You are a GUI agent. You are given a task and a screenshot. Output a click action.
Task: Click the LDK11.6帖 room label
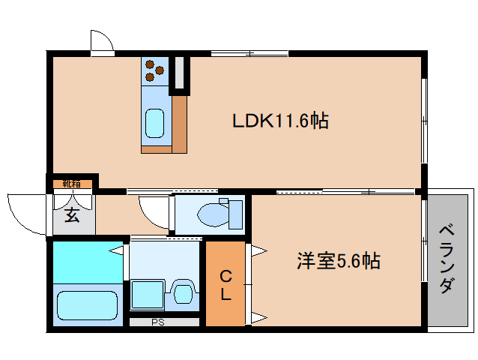280,121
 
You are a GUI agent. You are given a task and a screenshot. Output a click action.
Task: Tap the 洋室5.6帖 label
339,261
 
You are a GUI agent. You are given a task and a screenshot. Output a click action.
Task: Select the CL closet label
226,286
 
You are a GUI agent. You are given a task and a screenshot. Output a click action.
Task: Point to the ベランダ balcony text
447,259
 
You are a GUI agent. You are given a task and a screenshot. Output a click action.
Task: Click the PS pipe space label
158,322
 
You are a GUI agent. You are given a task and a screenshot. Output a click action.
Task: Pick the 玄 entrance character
72,215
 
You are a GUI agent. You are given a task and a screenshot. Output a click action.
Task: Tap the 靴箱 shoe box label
72,184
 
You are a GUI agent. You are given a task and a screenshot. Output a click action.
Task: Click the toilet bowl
214,215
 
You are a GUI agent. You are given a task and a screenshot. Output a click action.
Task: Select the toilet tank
236,214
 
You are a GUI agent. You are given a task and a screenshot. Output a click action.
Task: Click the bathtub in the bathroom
88,305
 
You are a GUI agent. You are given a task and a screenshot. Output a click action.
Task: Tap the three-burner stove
155,71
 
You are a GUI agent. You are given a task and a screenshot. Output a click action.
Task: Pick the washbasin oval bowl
183,293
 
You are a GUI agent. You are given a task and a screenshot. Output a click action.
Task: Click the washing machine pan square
148,295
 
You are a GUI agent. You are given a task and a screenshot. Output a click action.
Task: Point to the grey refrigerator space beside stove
180,73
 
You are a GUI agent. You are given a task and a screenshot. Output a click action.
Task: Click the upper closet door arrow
259,252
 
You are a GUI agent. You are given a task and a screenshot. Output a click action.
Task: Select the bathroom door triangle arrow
116,250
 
